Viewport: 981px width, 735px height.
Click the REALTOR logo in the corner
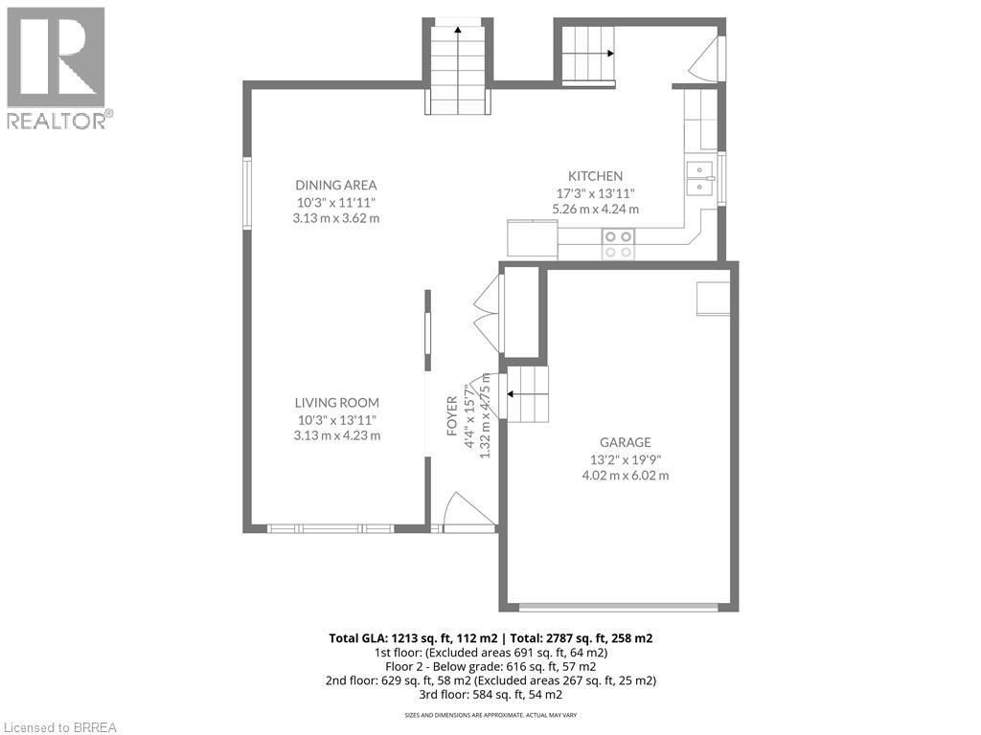57,67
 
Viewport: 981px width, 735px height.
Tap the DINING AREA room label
335,185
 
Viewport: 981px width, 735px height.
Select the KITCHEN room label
595,176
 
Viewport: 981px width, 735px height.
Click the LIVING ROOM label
335,403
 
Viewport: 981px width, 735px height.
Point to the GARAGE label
625,442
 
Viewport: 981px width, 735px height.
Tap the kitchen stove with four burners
617,244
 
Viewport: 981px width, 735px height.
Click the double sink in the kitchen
700,178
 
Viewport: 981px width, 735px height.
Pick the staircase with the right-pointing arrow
585,53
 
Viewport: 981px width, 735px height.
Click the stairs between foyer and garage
526,393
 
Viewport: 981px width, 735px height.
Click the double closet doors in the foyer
487,313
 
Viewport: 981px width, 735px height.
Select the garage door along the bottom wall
618,606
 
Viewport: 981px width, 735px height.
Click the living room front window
330,528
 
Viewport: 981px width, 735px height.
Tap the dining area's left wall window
246,193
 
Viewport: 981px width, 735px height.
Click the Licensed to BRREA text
59,726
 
